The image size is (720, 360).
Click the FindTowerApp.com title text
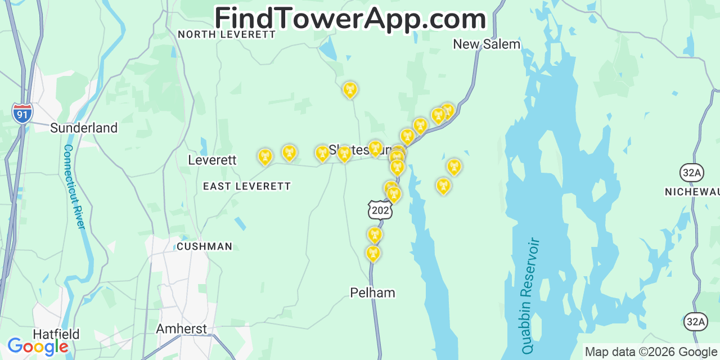pos(350,19)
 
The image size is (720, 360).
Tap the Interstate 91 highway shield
pos(22,113)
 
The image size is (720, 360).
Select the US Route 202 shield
pos(380,210)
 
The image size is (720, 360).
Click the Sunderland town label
pos(84,128)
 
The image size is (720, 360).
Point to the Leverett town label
pos(212,160)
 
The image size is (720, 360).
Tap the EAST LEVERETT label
pos(247,186)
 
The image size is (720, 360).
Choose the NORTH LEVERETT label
pos(227,34)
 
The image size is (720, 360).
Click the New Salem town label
pos(487,44)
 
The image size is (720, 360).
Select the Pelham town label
pos(372,292)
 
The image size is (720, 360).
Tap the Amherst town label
pos(181,328)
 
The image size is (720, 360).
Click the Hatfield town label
pos(56,334)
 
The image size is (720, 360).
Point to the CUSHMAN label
pos(204,246)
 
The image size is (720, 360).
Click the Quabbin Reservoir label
pos(530,296)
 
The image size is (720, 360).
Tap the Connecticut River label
pos(74,187)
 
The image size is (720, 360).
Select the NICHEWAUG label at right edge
pos(692,192)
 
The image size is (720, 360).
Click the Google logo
pos(38,346)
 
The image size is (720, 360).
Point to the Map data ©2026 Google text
pos(651,352)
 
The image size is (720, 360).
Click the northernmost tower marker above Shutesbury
pos(350,89)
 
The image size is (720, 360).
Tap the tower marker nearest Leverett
pos(264,156)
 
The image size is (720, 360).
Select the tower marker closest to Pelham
pos(372,253)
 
